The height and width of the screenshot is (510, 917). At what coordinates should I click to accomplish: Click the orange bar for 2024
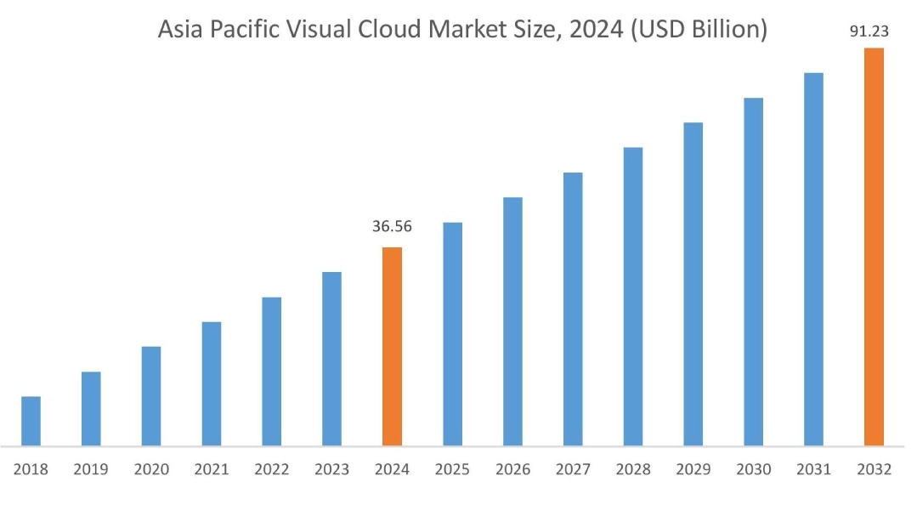click(392, 346)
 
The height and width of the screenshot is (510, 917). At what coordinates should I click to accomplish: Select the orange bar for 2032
click(874, 246)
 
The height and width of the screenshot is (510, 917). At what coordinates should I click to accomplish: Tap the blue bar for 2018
click(31, 421)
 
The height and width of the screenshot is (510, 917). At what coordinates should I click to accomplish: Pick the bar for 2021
click(212, 383)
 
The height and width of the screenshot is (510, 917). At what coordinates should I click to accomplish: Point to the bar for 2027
click(573, 309)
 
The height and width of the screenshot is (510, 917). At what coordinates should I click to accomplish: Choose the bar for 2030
click(753, 271)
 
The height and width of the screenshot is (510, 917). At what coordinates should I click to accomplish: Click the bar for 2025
click(452, 333)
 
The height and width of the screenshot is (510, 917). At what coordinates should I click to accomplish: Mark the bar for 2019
click(91, 408)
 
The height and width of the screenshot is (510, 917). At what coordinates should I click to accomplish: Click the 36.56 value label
click(392, 227)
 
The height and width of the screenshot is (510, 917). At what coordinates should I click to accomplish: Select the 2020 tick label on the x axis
click(151, 469)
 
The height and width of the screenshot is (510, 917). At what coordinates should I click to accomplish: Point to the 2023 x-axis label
click(332, 469)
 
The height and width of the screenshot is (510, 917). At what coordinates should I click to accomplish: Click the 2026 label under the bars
click(512, 469)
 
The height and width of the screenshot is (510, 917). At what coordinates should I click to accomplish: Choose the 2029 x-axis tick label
click(693, 469)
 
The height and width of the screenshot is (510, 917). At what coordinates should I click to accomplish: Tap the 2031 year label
click(813, 469)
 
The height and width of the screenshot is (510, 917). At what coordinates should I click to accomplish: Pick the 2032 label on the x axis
click(874, 469)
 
